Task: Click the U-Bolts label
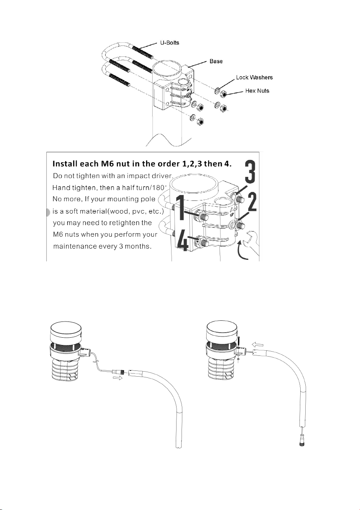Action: click(x=170, y=43)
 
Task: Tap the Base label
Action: click(x=216, y=61)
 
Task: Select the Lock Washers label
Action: click(x=254, y=77)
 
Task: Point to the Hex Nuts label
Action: click(x=257, y=91)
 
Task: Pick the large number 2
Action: click(x=252, y=202)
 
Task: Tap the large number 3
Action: click(x=250, y=172)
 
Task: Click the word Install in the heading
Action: click(x=65, y=164)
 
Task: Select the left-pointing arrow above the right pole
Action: click(x=258, y=345)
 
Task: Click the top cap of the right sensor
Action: click(x=222, y=331)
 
